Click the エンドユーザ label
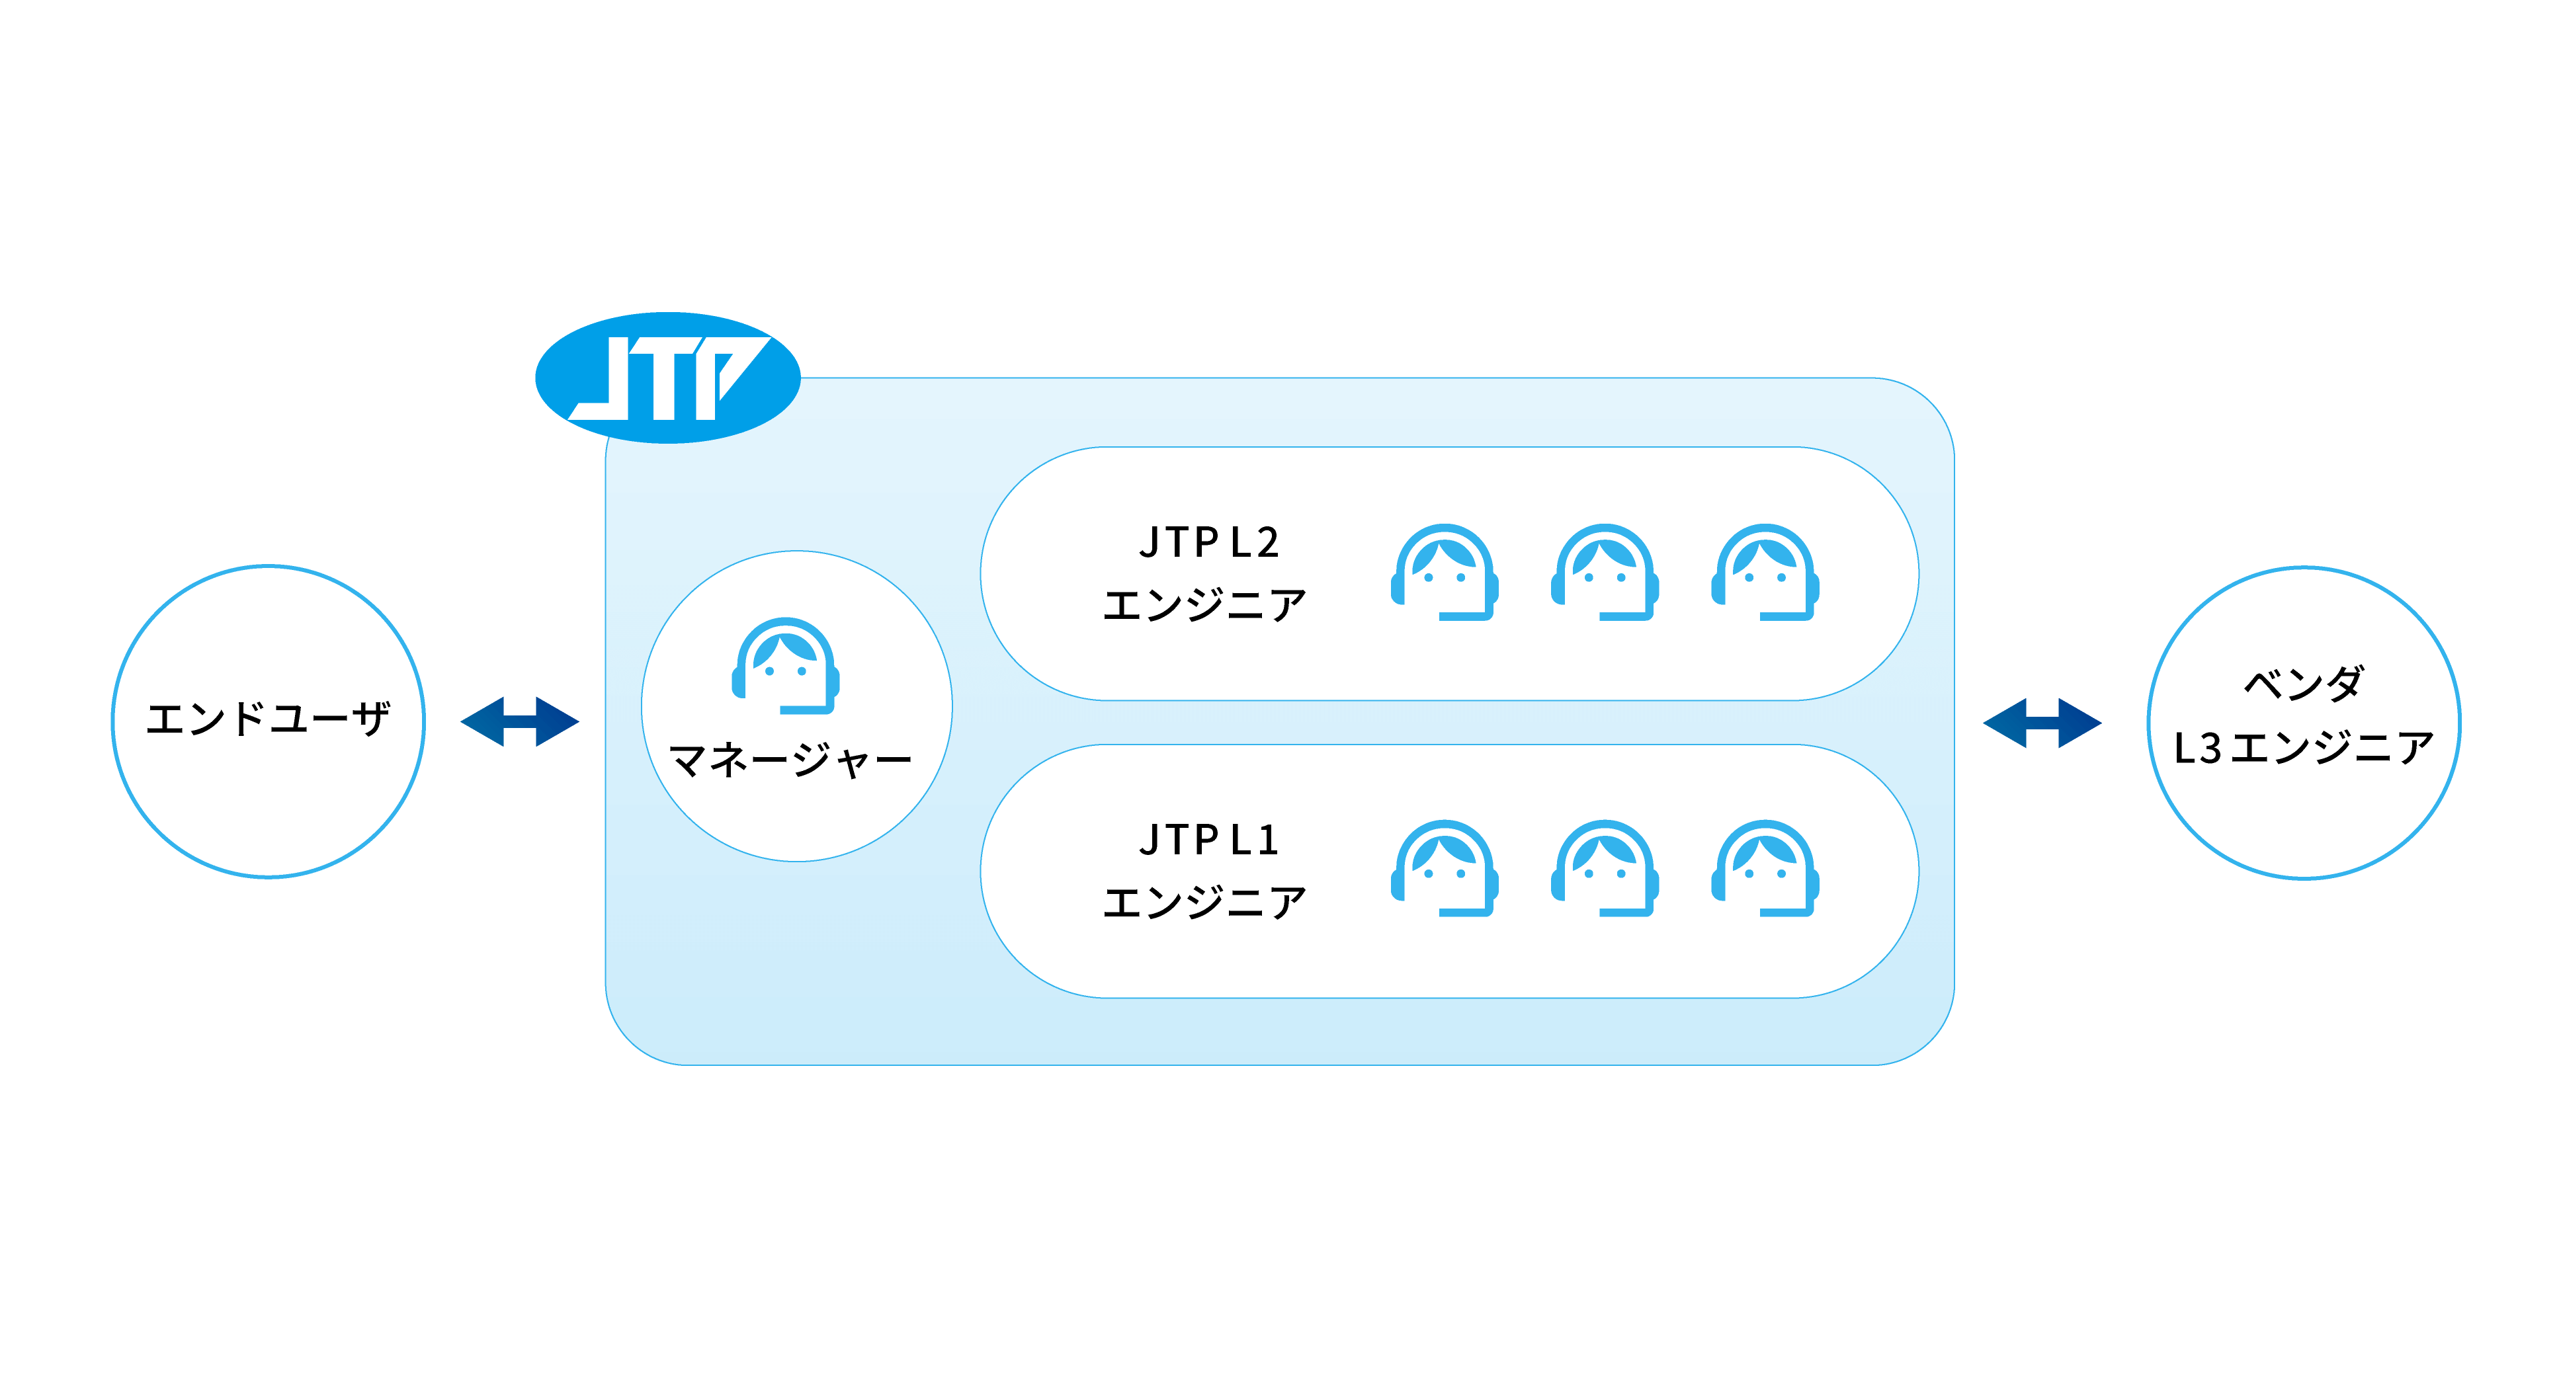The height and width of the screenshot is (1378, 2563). coord(268,718)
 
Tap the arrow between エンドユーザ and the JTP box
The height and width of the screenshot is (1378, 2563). coord(519,721)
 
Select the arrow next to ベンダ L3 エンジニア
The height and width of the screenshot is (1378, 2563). coord(2042,722)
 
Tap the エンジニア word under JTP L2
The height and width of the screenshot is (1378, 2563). coord(1205,604)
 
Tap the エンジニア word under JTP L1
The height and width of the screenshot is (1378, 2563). coord(1205,901)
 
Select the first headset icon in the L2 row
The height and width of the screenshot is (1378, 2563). coord(1445,572)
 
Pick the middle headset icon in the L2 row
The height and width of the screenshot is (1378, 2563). coord(1605,572)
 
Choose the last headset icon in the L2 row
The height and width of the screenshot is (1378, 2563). coord(1765,572)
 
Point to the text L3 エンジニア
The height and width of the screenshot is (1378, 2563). coord(2303,747)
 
